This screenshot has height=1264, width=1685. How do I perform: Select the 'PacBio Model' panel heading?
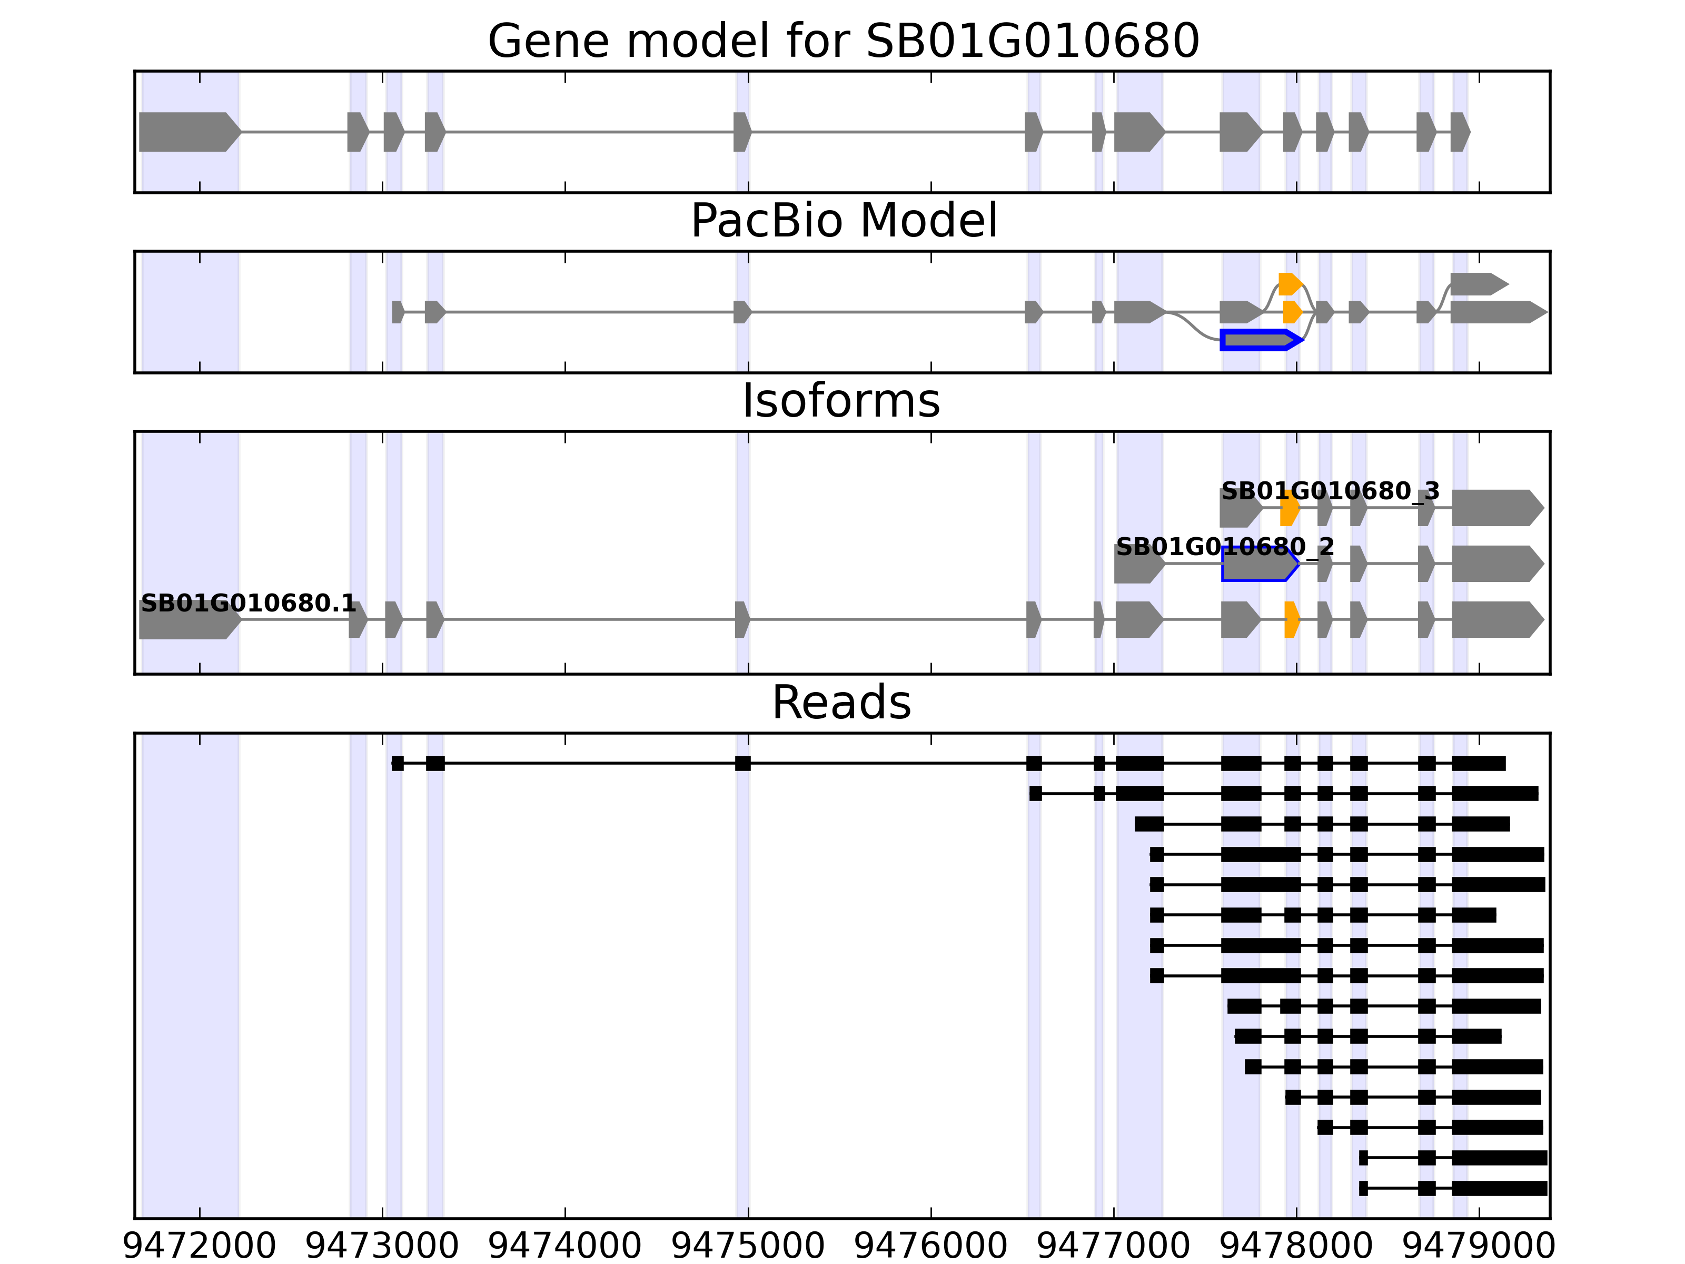[x=843, y=222]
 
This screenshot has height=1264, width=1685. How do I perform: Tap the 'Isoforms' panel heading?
[x=841, y=401]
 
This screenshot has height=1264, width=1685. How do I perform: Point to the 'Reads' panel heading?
[x=841, y=703]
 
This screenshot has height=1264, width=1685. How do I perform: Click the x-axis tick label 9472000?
[x=200, y=1247]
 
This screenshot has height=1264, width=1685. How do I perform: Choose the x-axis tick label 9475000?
[x=748, y=1247]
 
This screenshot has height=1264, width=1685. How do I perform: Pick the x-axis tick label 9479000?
[x=1479, y=1247]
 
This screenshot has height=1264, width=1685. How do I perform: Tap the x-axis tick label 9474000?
[x=564, y=1247]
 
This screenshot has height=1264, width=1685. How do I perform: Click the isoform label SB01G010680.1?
[x=249, y=604]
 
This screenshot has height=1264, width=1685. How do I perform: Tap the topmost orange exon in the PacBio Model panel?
[x=1289, y=284]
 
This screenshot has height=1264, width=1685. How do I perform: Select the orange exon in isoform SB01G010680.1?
[x=1291, y=619]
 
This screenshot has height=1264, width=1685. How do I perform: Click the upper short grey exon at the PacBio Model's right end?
[x=1476, y=284]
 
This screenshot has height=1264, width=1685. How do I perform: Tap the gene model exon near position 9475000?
[x=742, y=132]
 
